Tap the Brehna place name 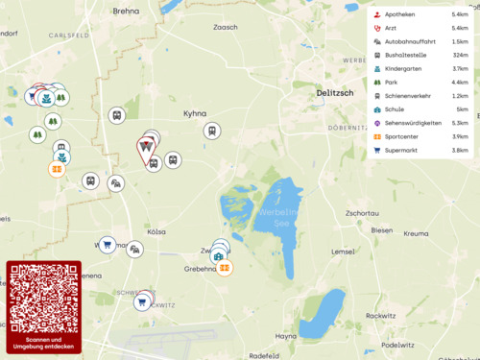coord(127,12)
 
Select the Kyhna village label coord(195,113)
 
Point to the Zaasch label coord(225,28)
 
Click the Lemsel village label coord(343,252)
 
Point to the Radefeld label coord(263,355)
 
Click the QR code coord(44,299)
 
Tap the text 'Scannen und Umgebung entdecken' coord(44,344)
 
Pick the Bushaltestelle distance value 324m coord(459,56)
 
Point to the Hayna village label coord(285,336)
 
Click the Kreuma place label coord(416,233)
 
